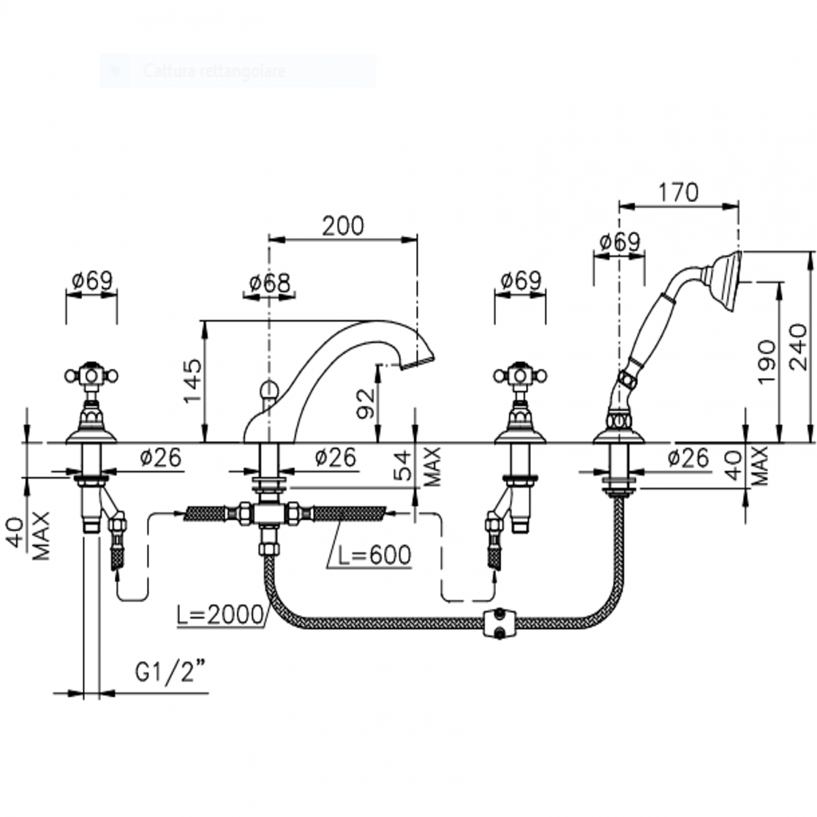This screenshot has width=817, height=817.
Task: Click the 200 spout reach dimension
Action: coord(343,226)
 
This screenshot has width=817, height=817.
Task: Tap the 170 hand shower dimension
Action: coord(679,192)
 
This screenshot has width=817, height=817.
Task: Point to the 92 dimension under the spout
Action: coord(366,403)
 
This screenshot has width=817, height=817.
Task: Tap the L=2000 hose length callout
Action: coord(219,615)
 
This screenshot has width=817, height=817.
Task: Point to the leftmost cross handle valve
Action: coord(92,377)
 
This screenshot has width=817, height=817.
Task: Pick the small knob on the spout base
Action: coord(270,388)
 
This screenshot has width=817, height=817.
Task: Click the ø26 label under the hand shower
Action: coord(688,458)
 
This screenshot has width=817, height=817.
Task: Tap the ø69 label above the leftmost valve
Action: coord(91,280)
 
